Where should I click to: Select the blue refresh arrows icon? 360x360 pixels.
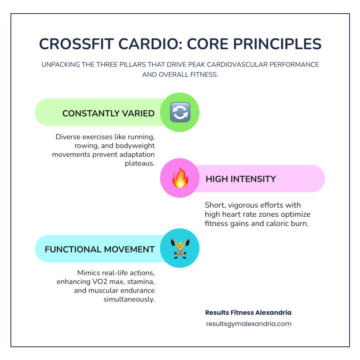[x=180, y=112]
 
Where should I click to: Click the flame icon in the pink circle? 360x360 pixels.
[x=180, y=178]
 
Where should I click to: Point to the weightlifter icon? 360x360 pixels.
[x=180, y=248]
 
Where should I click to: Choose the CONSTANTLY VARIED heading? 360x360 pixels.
[x=108, y=113]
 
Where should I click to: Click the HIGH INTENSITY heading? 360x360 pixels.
[x=240, y=179]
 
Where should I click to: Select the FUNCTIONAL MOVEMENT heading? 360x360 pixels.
[x=100, y=249]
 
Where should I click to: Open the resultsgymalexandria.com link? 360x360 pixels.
[x=248, y=324]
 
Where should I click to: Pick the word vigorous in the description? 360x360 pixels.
[x=244, y=205]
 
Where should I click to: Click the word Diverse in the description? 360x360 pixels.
[x=68, y=137]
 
